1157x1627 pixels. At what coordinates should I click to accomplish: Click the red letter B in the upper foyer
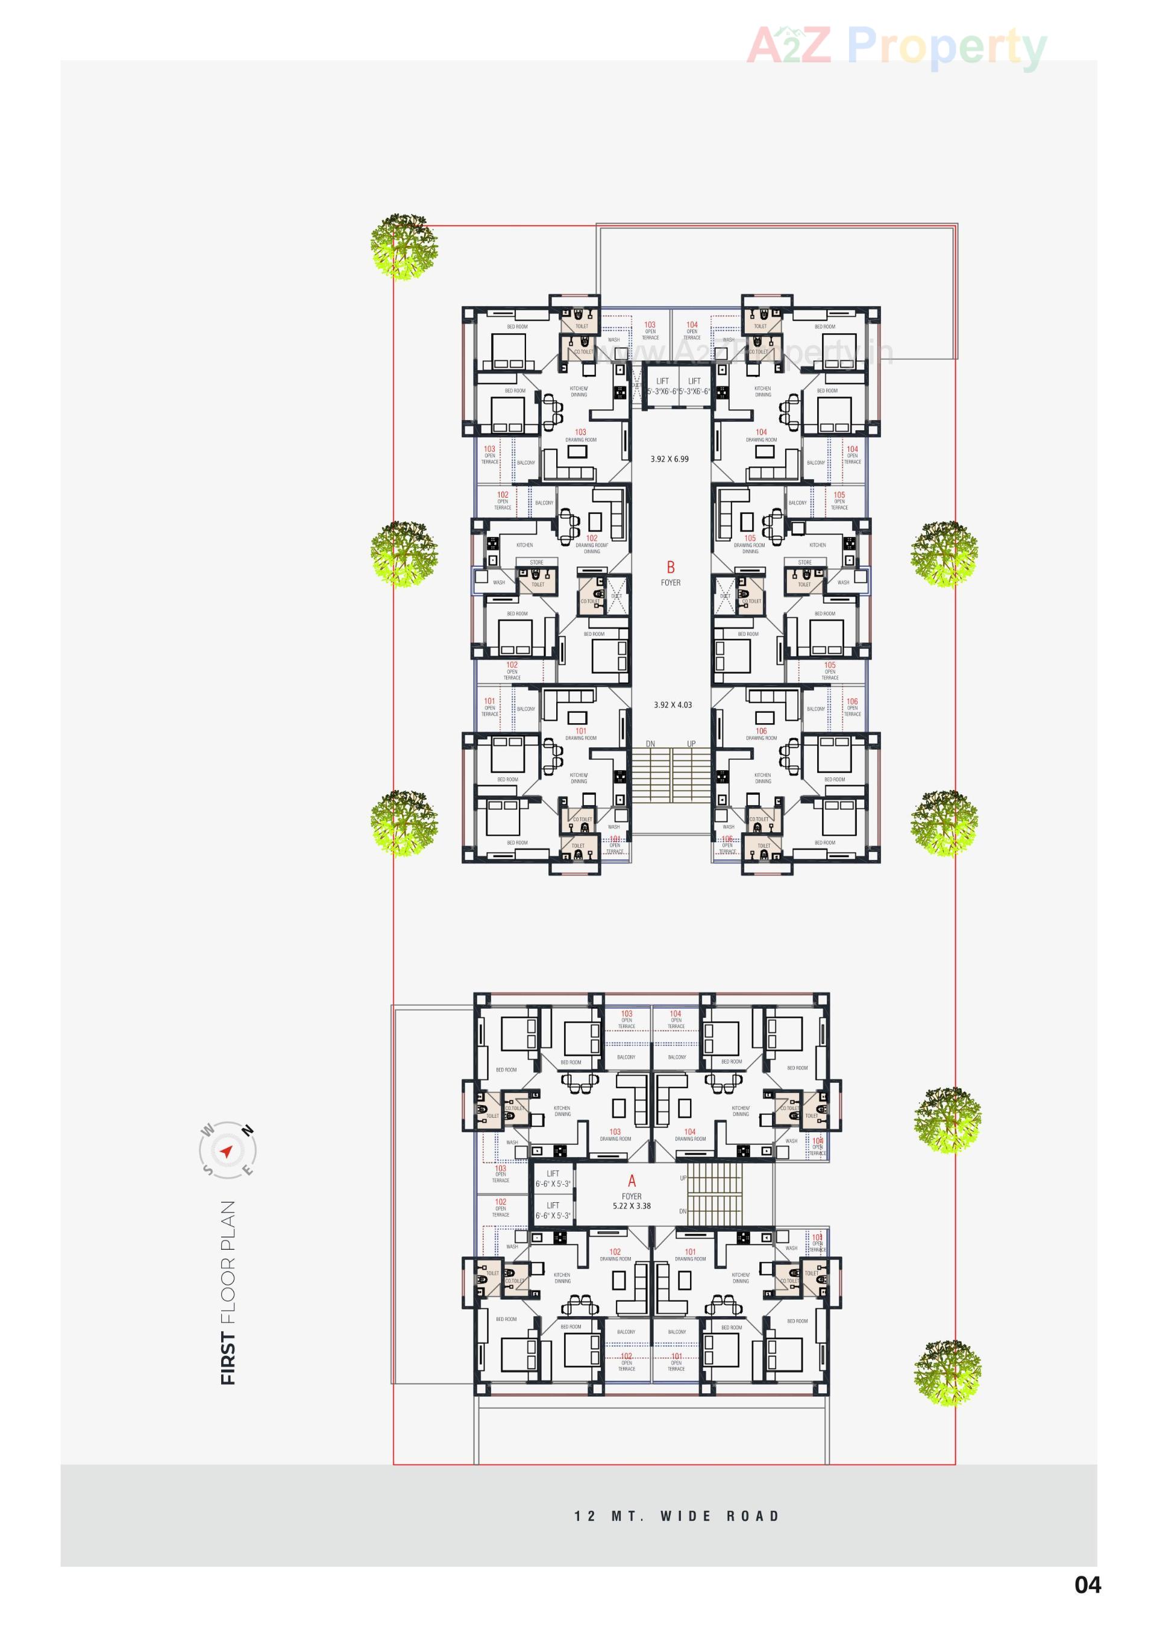click(669, 568)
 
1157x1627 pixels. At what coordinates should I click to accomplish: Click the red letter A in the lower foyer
click(631, 1182)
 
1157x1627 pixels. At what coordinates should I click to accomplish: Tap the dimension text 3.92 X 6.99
click(669, 459)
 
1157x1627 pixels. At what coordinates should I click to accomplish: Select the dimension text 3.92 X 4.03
click(673, 705)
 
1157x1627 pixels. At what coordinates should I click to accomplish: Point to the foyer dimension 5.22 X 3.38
click(631, 1206)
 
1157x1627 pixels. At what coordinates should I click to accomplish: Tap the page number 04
click(1088, 1585)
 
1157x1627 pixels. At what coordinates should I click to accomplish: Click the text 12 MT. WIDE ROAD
click(677, 1516)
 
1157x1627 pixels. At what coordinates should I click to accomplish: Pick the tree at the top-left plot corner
click(404, 246)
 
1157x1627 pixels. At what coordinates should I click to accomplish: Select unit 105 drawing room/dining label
click(750, 544)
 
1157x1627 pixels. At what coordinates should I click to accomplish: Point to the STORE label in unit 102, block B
click(536, 563)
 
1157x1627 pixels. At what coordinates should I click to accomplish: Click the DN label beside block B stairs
click(650, 744)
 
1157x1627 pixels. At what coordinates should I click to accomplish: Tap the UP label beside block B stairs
click(691, 744)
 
